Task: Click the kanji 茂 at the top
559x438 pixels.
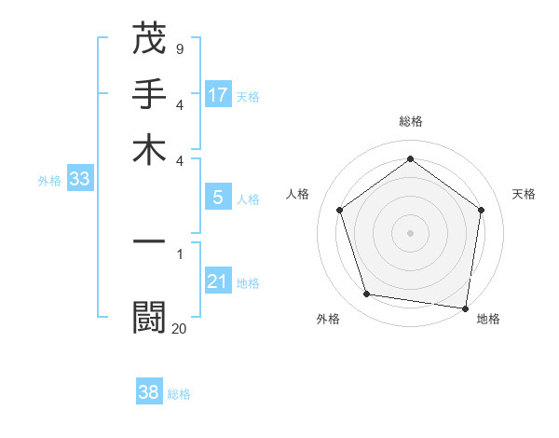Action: point(149,40)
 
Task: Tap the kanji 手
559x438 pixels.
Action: point(149,95)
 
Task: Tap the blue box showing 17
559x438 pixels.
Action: point(218,95)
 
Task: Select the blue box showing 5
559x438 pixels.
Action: point(218,198)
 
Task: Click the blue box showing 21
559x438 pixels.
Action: point(218,282)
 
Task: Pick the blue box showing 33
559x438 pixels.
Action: point(78,180)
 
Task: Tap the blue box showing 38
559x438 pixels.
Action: point(149,392)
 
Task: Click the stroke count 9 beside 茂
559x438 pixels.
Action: point(179,48)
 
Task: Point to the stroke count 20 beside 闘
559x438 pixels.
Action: point(180,327)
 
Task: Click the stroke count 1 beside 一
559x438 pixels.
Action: point(180,253)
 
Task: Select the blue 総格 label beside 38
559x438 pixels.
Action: point(179,394)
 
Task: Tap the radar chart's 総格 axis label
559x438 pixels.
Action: point(411,121)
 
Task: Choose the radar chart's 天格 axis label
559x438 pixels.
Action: point(525,194)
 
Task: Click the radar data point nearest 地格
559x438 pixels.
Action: point(466,308)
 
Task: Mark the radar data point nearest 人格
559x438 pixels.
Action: point(340,211)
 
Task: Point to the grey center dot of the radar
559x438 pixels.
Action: point(410,232)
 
